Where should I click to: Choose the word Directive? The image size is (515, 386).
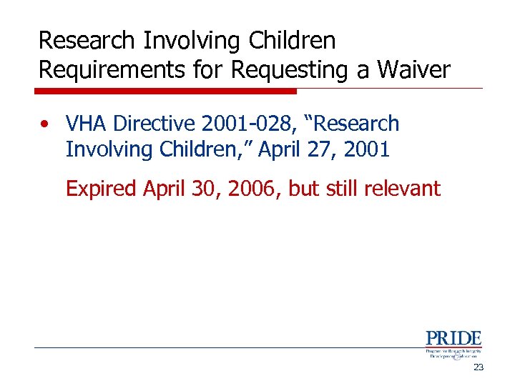[x=154, y=124]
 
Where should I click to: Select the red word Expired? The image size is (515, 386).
[x=102, y=189]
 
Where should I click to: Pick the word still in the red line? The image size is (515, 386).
[x=344, y=189]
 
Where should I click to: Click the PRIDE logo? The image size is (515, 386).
[x=453, y=343]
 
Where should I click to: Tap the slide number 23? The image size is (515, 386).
[x=479, y=367]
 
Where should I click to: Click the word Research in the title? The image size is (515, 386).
[x=87, y=41]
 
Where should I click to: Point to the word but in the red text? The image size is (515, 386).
[x=305, y=189]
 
